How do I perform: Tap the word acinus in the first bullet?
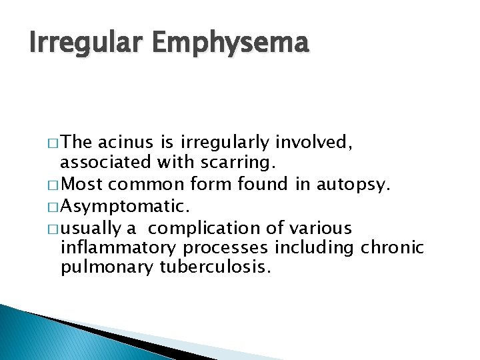[x=121, y=142]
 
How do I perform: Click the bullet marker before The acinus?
[x=53, y=143]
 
